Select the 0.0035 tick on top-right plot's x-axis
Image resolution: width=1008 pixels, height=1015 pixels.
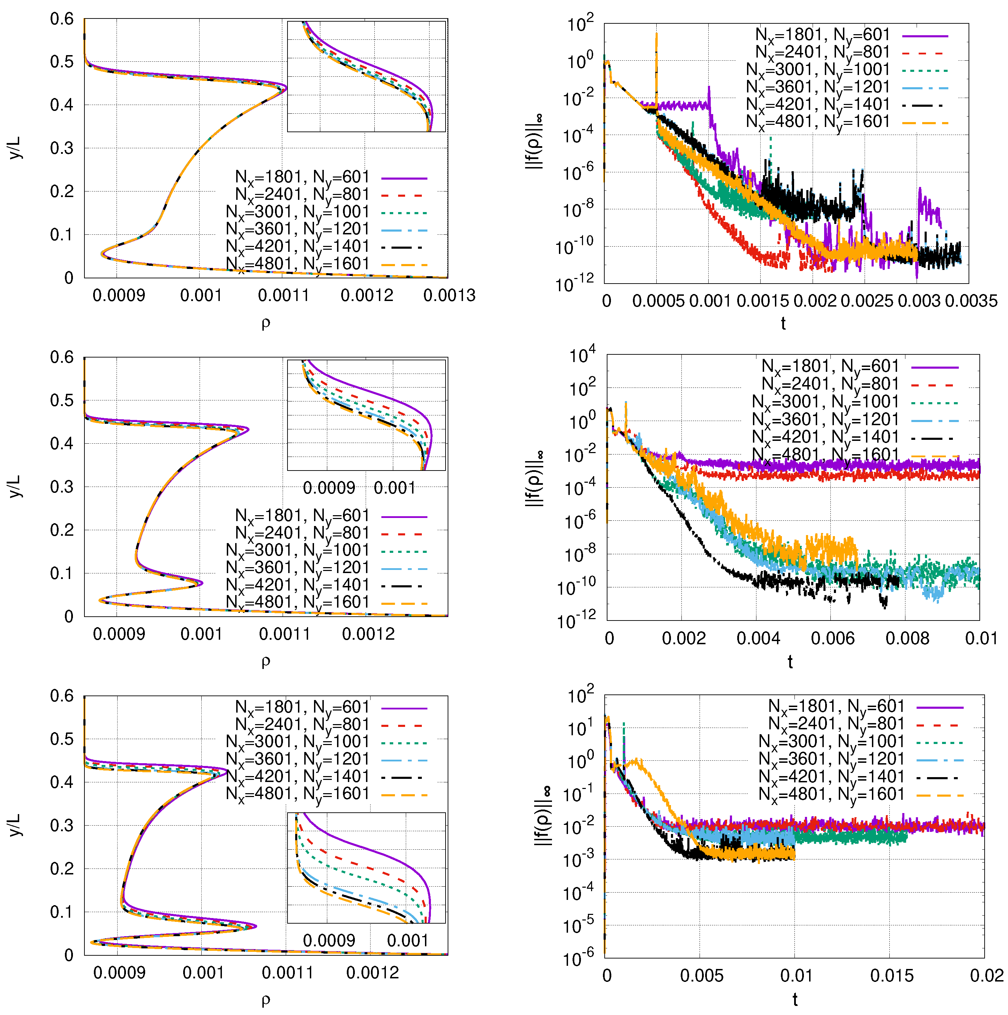tap(971, 301)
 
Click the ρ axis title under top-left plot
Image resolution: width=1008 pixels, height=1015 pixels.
tap(266, 323)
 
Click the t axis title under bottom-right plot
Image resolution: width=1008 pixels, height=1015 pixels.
tap(794, 999)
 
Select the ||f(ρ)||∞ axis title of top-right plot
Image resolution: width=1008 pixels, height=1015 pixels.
tap(535, 142)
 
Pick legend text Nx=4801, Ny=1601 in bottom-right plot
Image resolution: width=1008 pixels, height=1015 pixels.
tap(831, 795)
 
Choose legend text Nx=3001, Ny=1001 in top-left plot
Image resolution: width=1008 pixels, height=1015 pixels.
tap(298, 213)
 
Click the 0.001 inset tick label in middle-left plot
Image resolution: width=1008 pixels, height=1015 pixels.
tap(394, 488)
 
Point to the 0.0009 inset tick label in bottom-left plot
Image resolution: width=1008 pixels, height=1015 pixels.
tap(329, 940)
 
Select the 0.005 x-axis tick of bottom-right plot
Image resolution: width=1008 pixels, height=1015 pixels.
tap(701, 976)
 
